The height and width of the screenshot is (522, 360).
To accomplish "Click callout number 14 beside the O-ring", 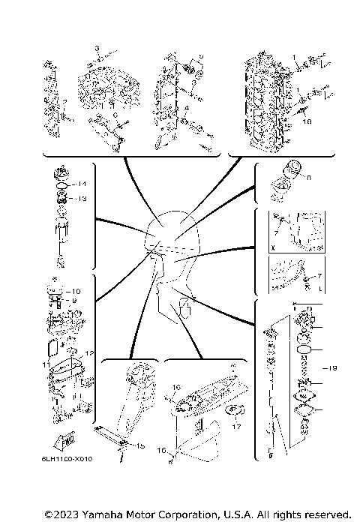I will (x=83, y=184).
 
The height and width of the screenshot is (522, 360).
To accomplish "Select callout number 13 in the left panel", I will (x=83, y=199).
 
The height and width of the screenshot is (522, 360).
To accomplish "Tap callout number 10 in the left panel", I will (x=74, y=291).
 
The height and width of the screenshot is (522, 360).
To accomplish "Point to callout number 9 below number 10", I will (x=74, y=301).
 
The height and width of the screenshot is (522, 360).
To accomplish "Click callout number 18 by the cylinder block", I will (x=306, y=118).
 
